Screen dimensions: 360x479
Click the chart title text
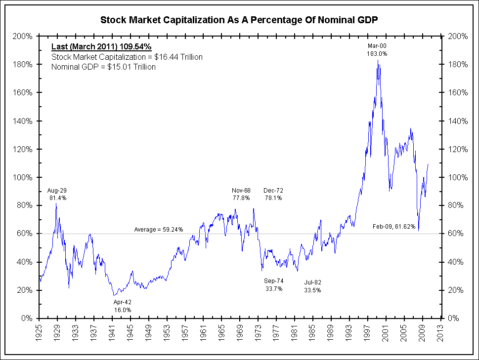239,20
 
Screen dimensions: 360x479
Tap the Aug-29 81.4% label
57,194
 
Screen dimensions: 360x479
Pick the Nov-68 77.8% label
241,194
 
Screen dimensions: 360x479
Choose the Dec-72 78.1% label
273,194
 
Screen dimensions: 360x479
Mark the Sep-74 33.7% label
273,285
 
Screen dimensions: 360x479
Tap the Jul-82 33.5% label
312,286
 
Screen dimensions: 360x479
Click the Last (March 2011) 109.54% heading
101,47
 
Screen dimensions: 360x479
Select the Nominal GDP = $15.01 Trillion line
103,67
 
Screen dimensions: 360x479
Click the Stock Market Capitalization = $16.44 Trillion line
127,57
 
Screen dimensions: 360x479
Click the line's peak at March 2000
378,60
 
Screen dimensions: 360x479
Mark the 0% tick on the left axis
28,319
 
